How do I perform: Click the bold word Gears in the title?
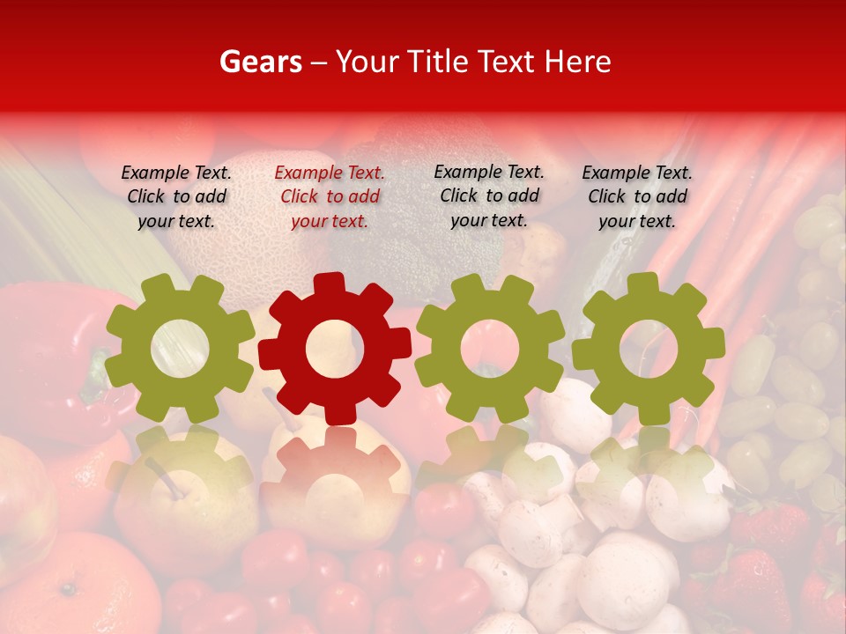260,62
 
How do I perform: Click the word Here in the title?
578,62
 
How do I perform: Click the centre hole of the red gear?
334,349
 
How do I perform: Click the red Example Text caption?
330,197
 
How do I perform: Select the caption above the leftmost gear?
176,197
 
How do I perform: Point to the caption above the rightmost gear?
637,197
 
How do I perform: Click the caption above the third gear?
489,196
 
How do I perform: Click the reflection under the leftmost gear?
180,467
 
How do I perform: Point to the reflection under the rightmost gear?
649,467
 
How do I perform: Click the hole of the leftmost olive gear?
180,349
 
